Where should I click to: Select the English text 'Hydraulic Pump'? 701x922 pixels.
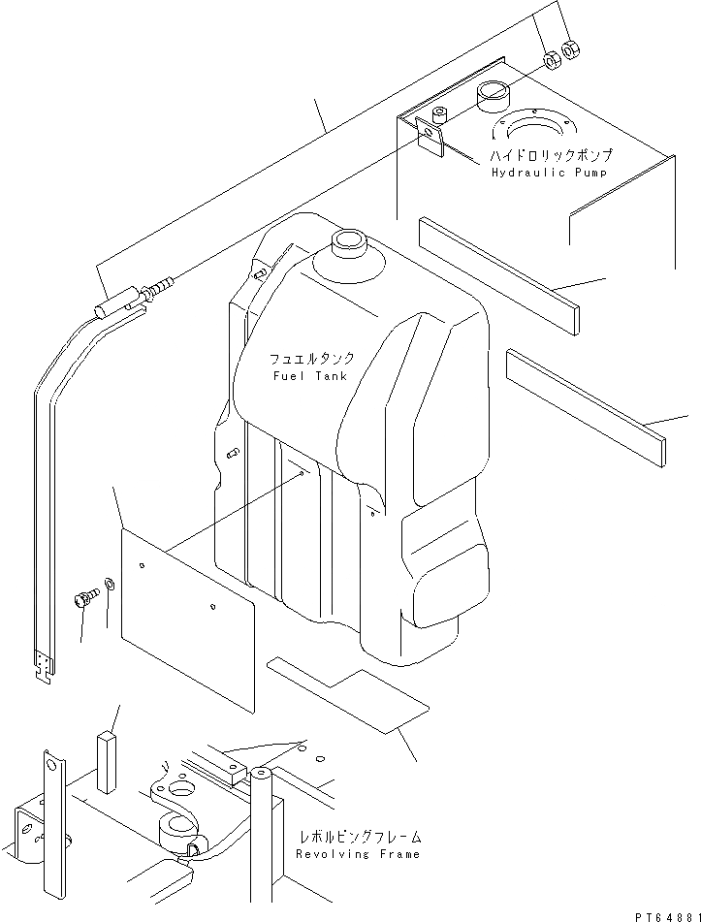(x=549, y=173)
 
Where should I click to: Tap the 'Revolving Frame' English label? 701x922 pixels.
(x=359, y=854)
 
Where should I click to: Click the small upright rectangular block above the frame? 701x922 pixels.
(x=105, y=750)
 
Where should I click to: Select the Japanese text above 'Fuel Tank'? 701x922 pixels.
(x=306, y=358)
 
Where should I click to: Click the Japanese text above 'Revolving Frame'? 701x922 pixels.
(x=360, y=836)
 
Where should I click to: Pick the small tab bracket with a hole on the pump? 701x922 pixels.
(x=428, y=135)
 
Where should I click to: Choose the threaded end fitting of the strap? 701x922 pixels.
(x=159, y=288)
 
